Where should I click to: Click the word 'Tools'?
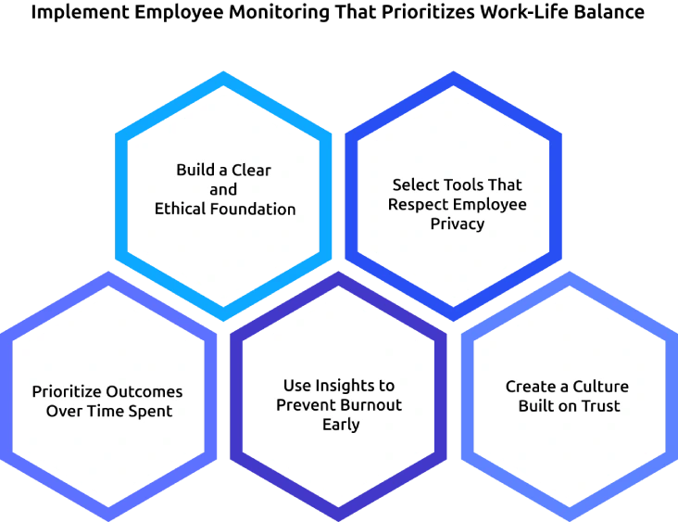tap(466, 185)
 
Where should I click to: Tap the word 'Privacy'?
tap(458, 224)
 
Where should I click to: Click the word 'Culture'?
tap(600, 386)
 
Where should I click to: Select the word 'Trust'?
tap(600, 406)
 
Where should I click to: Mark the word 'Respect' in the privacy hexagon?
tap(419, 204)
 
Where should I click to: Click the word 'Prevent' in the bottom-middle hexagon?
tap(308, 405)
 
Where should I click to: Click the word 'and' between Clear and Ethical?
tap(223, 190)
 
